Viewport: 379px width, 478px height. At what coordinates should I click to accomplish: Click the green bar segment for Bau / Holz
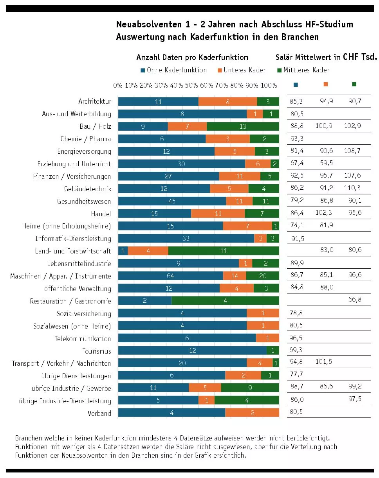pos(243,126)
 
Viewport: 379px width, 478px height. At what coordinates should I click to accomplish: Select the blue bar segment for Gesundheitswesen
pos(172,201)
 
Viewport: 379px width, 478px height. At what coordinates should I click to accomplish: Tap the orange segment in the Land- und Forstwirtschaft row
pos(148,251)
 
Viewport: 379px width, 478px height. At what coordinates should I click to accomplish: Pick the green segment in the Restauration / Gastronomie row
pos(225,301)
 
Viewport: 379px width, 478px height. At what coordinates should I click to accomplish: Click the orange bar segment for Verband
pos(252,413)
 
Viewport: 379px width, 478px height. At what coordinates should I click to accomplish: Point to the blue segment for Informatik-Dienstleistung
pos(186,239)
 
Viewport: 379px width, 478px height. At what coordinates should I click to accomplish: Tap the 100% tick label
pos(269,85)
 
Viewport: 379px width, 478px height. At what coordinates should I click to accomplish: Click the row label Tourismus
pos(97,351)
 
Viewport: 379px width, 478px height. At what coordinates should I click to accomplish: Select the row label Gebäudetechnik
pos(88,189)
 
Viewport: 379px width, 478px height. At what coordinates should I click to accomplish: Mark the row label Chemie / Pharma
pos(86,139)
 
